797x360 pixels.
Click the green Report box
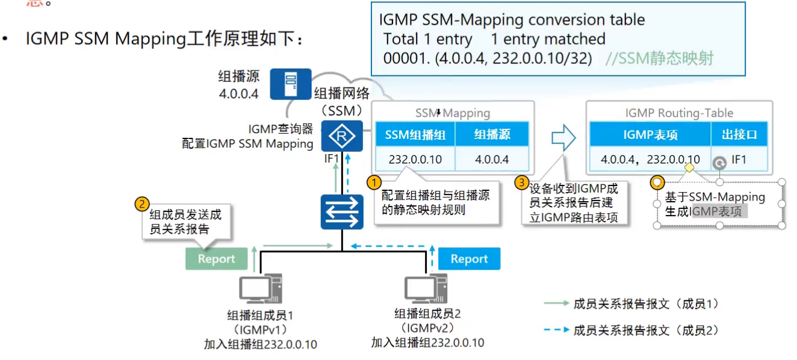click(x=216, y=259)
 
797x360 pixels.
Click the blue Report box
click(x=469, y=259)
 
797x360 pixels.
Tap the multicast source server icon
click(x=290, y=84)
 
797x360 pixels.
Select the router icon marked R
click(x=342, y=135)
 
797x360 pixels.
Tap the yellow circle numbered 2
click(x=142, y=204)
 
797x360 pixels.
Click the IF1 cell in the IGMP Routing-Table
click(x=739, y=160)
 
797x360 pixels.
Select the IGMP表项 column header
click(x=650, y=134)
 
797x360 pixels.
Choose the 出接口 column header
click(x=739, y=134)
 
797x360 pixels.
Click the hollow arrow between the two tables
click(x=563, y=138)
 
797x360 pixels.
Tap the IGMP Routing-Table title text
click(x=679, y=113)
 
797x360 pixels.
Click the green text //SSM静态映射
click(x=659, y=59)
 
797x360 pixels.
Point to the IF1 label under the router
click(x=332, y=159)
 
